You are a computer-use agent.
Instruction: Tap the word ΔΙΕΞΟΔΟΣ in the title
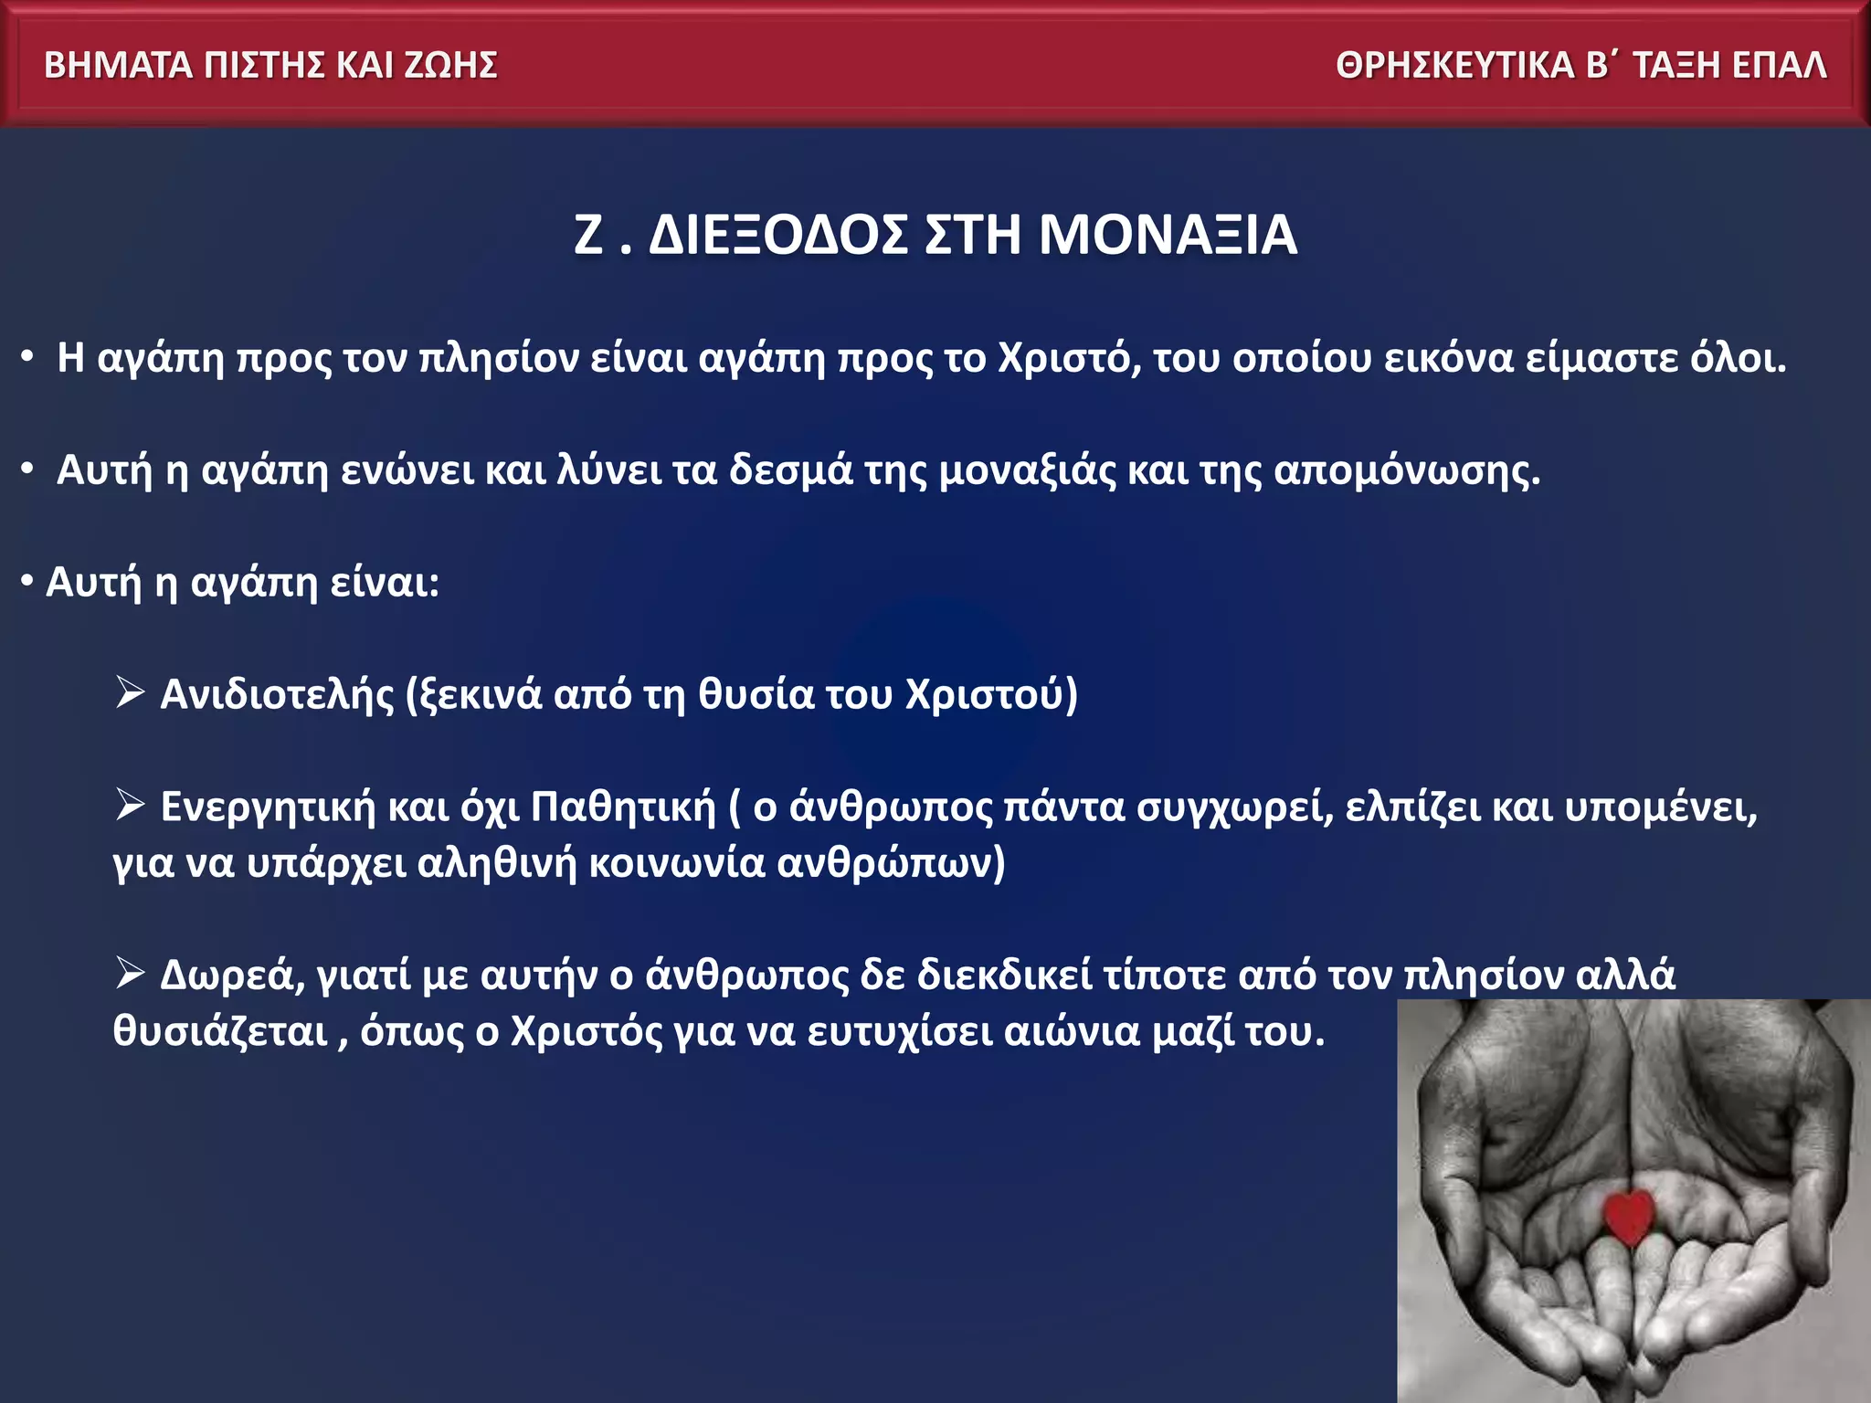click(x=778, y=235)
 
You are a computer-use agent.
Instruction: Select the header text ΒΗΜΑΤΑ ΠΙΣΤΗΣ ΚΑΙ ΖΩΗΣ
click(x=270, y=66)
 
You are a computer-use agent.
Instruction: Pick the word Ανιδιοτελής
click(x=277, y=695)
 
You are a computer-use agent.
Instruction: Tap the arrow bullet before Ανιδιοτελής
click(x=130, y=692)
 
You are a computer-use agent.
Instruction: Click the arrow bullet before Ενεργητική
click(x=130, y=805)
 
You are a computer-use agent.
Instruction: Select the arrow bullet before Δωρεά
click(x=130, y=974)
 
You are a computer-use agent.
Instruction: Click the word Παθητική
click(x=624, y=807)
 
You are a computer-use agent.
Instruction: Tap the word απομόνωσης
click(x=1407, y=471)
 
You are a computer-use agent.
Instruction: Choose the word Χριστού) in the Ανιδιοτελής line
click(x=992, y=695)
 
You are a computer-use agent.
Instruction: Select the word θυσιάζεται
click(x=220, y=1032)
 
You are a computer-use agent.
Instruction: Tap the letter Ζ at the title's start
click(x=588, y=235)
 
